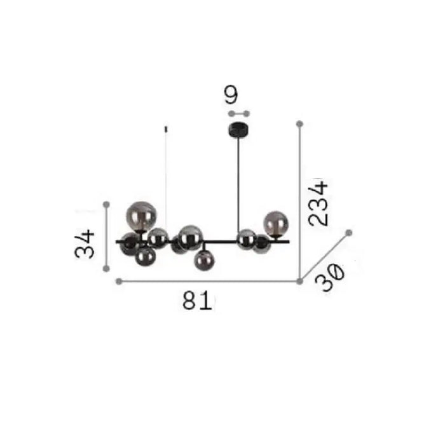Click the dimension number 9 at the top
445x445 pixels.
[x=231, y=94]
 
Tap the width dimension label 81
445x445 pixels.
[x=197, y=300]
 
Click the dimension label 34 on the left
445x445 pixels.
[x=85, y=244]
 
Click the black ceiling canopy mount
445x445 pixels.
[x=238, y=130]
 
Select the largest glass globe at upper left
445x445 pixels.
[x=141, y=216]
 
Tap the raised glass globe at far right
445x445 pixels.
[x=276, y=223]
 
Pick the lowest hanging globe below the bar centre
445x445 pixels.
[x=204, y=261]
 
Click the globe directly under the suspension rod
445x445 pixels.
[x=247, y=240]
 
